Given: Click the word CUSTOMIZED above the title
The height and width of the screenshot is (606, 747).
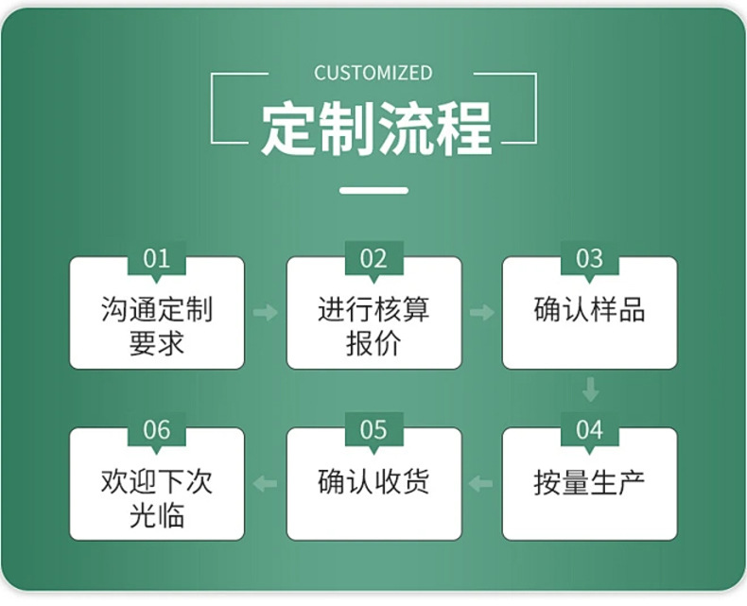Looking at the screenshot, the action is pos(373,73).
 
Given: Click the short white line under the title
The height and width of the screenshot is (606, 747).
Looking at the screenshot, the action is pos(373,190).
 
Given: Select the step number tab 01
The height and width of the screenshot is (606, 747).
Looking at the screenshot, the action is pos(157,258).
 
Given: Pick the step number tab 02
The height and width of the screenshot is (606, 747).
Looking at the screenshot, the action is pos(373,258).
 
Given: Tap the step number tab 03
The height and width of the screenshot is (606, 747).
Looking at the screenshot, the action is pos(589,258).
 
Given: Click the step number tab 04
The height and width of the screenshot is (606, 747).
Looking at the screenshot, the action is pos(589,430).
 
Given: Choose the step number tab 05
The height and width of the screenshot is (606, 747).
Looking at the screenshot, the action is pos(373,430).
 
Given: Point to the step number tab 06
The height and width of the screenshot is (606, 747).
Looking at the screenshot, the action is pos(157,430).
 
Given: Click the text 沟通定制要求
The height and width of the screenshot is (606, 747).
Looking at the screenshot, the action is pos(157,326).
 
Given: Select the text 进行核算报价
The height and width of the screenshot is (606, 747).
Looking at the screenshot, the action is pos(373,326).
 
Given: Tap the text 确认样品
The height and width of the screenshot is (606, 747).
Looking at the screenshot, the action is pos(589,310).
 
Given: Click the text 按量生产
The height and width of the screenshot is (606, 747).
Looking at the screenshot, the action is pos(589,482).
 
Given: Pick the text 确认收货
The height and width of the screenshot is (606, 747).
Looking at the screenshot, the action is pos(373,482).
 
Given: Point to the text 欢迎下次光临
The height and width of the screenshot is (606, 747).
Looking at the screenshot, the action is pos(157,498).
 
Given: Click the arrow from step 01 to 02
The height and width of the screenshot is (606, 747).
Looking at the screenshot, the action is pos(266,312).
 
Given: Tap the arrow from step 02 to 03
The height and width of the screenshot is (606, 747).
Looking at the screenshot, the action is pos(482,312).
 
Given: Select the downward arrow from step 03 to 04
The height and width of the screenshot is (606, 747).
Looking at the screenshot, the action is pos(590,389).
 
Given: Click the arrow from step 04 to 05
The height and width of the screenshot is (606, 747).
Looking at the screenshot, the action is pos(482,484).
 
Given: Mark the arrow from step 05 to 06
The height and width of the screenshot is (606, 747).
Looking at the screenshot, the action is pos(266,484).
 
